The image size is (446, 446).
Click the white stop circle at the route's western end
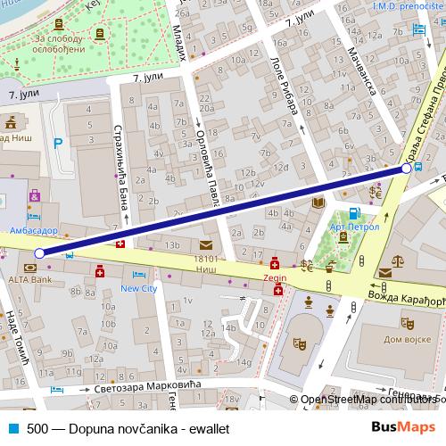[38, 254]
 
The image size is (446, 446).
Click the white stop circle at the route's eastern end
[407, 167]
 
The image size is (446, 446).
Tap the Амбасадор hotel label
[33, 229]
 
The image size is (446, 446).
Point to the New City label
[138, 289]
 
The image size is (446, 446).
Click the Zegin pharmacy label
[275, 278]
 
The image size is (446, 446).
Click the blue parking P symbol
[59, 142]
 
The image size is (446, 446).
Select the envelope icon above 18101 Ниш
[206, 244]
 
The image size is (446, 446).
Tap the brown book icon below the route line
[317, 204]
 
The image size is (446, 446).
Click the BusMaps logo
[404, 427]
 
